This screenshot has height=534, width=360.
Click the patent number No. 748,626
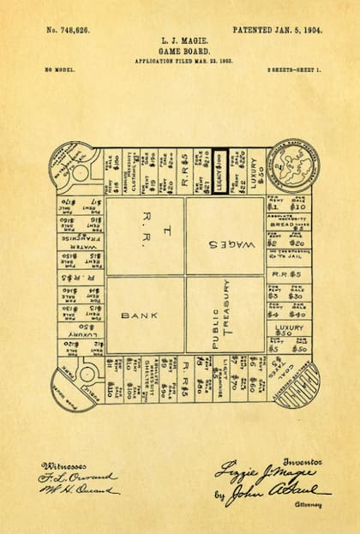pos(69,29)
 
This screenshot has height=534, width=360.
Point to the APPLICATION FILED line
pos(179,62)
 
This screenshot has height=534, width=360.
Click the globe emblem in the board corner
pos(291,165)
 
